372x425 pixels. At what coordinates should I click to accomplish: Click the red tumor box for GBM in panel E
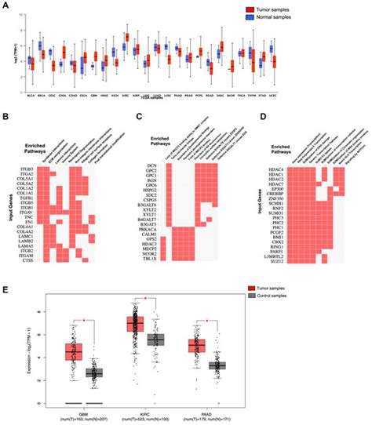click(75, 351)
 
